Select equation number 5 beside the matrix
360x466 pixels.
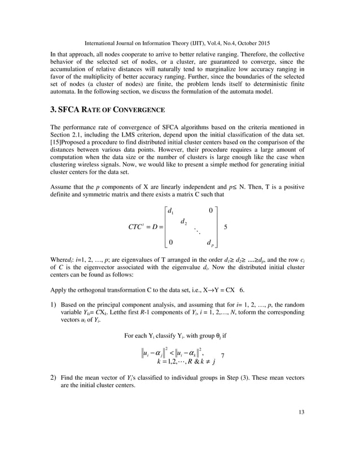(x=226, y=226)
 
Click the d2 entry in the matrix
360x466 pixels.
(x=184, y=222)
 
